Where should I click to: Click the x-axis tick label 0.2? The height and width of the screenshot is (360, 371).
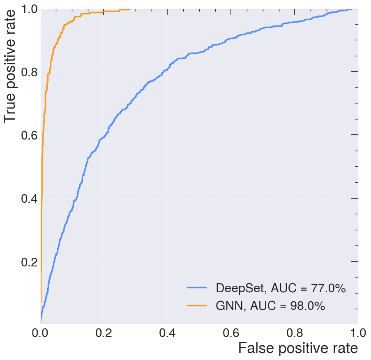(104, 332)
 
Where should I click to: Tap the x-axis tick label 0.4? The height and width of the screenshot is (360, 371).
(167, 332)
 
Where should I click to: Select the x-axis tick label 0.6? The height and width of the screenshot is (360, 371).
(230, 332)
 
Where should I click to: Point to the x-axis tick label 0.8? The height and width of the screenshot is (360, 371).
(294, 332)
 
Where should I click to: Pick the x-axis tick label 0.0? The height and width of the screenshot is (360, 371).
(41, 332)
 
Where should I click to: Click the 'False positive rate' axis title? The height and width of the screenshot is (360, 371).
(298, 349)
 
